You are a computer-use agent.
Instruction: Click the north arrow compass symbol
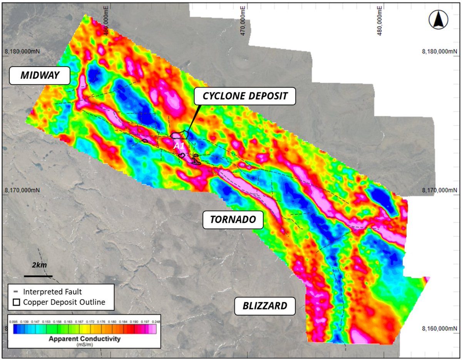click(x=437, y=20)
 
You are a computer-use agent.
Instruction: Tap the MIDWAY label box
click(x=40, y=75)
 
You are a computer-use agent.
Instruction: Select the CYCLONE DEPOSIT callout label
click(x=245, y=96)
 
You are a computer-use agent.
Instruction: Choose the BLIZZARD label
click(x=265, y=306)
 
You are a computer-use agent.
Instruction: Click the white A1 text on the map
click(x=178, y=146)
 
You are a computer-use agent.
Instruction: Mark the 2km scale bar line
click(x=38, y=276)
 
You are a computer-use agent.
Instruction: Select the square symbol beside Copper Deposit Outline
click(x=16, y=302)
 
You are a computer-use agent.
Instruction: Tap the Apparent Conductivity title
click(x=84, y=339)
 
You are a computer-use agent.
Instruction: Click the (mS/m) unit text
click(x=84, y=345)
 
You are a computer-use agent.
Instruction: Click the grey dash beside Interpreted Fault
click(x=16, y=291)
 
